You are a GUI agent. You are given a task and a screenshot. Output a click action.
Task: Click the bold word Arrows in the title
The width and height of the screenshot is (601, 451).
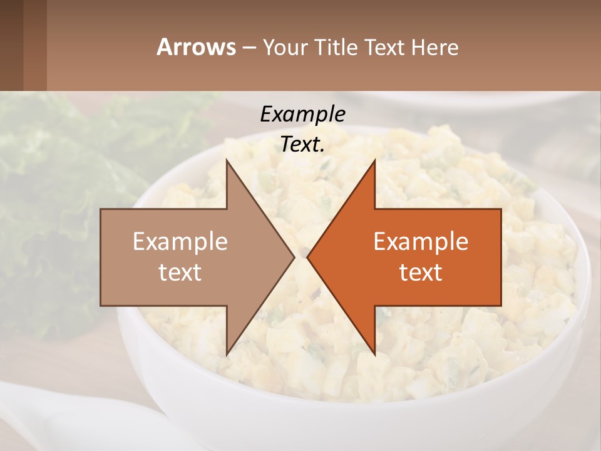pyautogui.click(x=196, y=47)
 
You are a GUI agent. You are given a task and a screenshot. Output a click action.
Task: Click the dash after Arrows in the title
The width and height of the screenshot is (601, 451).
pyautogui.click(x=249, y=48)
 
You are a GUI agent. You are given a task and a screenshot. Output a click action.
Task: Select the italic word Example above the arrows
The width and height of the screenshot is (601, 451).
pyautogui.click(x=302, y=114)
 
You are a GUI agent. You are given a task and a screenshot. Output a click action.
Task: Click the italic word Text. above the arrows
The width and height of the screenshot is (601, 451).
pyautogui.click(x=302, y=144)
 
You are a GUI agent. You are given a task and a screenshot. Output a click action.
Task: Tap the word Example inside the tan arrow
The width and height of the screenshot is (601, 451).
pyautogui.click(x=180, y=242)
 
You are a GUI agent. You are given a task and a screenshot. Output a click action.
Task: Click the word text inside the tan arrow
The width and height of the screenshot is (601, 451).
pyautogui.click(x=180, y=272)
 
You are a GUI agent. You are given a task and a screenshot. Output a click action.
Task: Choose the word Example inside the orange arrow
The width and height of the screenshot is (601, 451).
pyautogui.click(x=421, y=242)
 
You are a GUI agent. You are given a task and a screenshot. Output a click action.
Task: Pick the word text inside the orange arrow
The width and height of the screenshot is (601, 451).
pyautogui.click(x=421, y=272)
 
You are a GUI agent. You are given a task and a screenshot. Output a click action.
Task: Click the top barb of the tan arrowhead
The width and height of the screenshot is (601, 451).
pyautogui.click(x=228, y=164)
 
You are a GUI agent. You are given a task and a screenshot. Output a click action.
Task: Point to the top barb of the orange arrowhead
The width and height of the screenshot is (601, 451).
pyautogui.click(x=374, y=164)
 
